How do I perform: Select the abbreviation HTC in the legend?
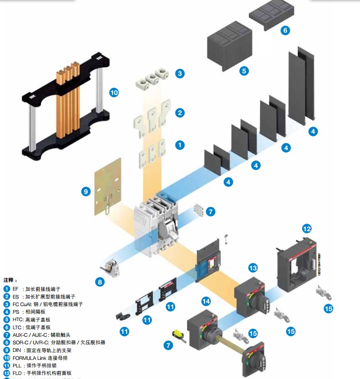(18, 319)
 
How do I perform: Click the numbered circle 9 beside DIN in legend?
(7, 350)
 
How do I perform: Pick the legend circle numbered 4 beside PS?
(7, 312)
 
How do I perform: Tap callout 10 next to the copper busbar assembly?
(114, 92)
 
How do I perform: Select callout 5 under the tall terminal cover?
(244, 71)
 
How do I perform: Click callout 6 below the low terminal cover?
(285, 31)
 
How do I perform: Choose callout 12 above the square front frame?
(307, 229)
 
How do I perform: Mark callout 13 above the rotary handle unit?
(253, 268)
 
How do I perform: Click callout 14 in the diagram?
(206, 302)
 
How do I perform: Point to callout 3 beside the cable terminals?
(180, 73)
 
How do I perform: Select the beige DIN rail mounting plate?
(108, 186)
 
